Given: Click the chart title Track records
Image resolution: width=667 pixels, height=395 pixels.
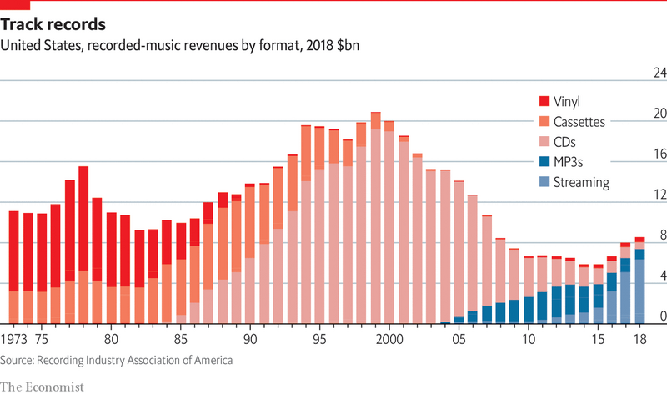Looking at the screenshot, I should click(x=58, y=23).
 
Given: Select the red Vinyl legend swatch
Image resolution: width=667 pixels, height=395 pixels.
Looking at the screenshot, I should click(x=544, y=101).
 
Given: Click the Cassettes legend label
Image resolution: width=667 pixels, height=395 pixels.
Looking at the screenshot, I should click(x=583, y=121).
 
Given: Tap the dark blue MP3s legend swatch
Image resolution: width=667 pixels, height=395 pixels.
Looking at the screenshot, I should click(x=544, y=161).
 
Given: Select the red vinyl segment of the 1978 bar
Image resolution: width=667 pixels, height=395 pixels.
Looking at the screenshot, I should click(x=83, y=217).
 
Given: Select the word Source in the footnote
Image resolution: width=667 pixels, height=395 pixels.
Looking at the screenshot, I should click(x=18, y=360).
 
